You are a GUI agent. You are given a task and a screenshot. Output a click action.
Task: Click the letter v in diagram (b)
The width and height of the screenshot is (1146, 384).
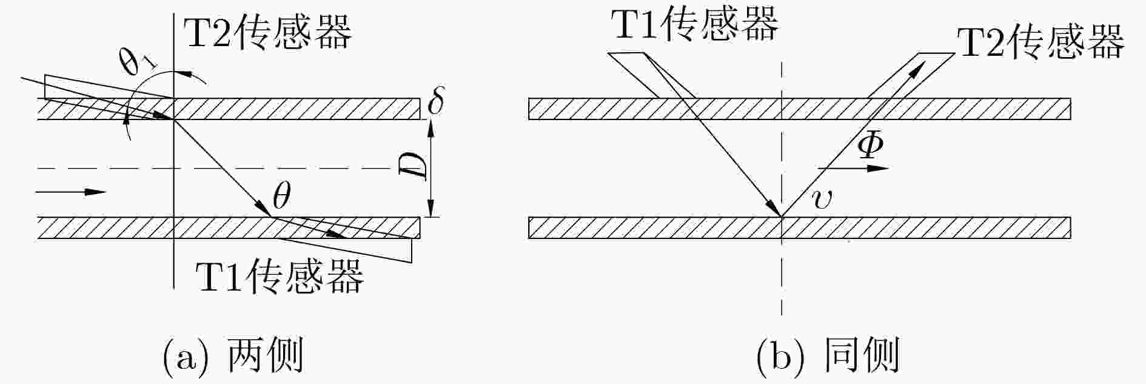coord(822,198)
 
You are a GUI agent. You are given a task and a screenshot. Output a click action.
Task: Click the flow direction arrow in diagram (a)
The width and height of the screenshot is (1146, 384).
coord(72,192)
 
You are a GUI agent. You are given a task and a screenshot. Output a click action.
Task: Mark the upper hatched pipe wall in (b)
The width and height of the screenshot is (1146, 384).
coord(799,109)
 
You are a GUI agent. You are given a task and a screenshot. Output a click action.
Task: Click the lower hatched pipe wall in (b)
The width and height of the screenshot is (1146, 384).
coord(799,227)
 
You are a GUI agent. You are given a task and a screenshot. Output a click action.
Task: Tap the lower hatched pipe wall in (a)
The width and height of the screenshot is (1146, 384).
coord(229,227)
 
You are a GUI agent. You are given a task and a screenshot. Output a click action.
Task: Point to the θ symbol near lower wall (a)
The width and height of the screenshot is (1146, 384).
coord(281,197)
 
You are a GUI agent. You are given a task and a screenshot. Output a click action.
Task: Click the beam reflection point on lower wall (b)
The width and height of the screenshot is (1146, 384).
coord(782,217)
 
